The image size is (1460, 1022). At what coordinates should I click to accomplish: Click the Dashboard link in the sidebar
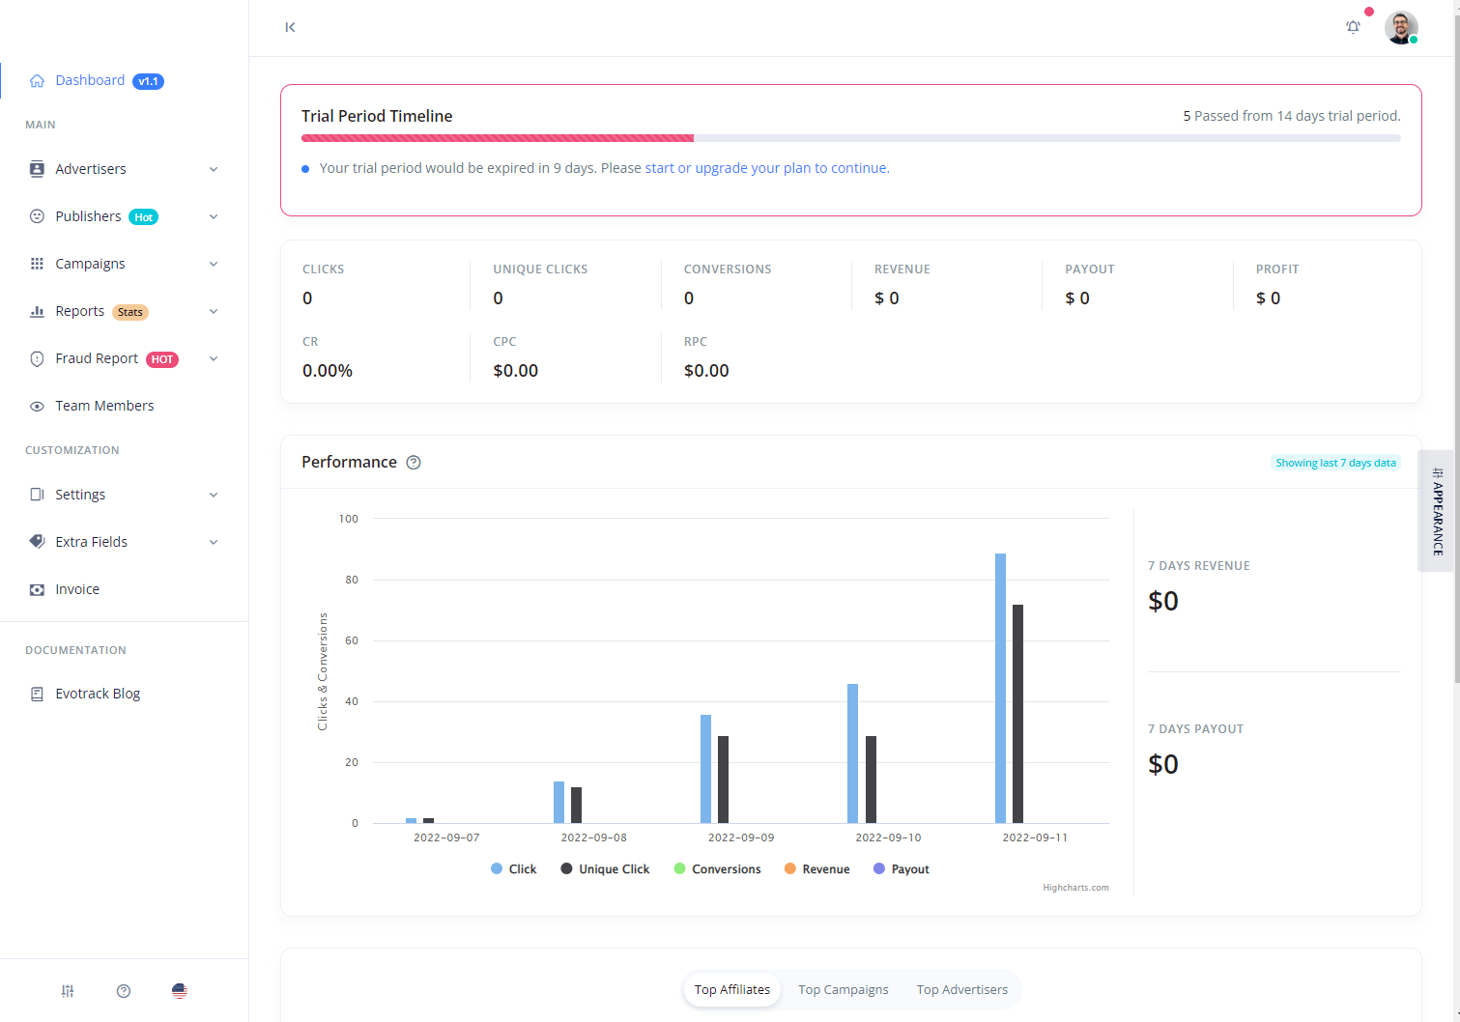tap(90, 80)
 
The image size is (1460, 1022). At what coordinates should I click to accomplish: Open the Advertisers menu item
tap(91, 169)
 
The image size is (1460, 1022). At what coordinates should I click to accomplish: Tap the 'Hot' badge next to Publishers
tap(143, 217)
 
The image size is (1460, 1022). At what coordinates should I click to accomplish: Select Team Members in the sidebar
tap(104, 406)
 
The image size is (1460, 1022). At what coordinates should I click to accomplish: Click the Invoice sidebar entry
tap(77, 589)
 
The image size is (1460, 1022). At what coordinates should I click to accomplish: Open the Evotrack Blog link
tap(98, 694)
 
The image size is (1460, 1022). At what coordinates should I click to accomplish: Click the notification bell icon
tap(1353, 27)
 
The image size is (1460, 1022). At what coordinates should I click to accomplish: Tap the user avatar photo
tap(1400, 27)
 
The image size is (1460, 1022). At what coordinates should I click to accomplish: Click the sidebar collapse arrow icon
tap(290, 27)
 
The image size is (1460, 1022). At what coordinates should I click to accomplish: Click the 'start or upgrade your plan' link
tap(766, 168)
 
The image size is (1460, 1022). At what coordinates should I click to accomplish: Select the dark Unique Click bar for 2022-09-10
tap(871, 780)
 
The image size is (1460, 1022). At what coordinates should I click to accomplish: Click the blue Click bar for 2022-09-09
tap(705, 769)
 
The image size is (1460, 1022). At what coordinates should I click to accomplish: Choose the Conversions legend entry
tap(726, 869)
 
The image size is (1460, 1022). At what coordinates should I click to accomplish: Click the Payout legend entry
tap(909, 869)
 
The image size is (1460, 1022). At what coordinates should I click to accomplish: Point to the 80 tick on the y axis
tap(351, 580)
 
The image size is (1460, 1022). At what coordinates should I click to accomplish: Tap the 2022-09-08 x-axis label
tap(593, 837)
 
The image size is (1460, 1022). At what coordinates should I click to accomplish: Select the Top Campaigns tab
tap(843, 989)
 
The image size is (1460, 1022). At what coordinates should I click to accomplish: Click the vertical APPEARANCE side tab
tap(1437, 511)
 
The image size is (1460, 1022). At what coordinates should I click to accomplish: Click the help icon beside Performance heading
tap(414, 463)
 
